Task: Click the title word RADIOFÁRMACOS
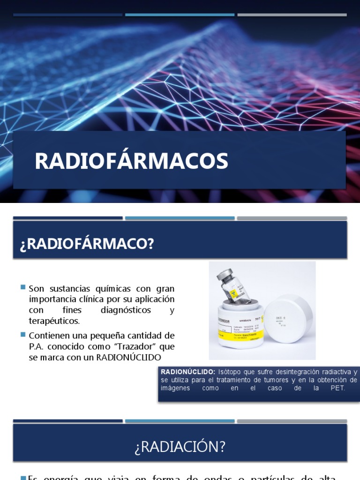(x=131, y=161)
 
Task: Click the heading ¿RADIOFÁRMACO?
(x=87, y=244)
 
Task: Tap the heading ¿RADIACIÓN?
(x=180, y=447)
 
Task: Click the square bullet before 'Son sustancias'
(x=23, y=287)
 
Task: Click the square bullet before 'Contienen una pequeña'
(x=23, y=335)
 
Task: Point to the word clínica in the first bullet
(x=91, y=299)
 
